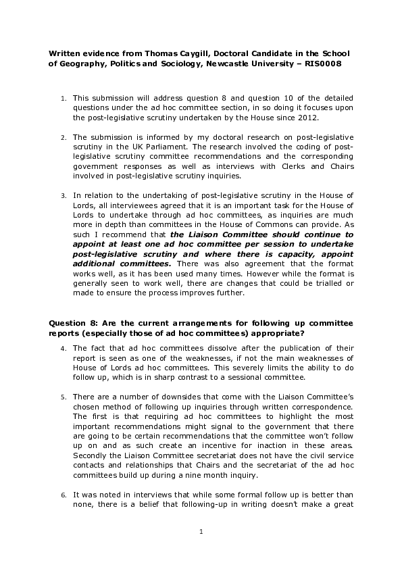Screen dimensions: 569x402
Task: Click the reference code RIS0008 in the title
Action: coord(322,64)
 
